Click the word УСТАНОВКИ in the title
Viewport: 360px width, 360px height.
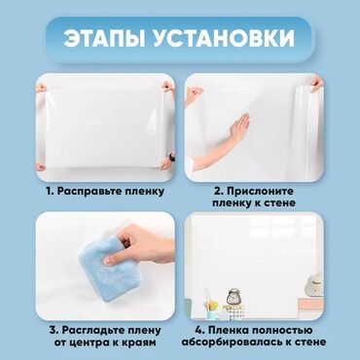(224, 39)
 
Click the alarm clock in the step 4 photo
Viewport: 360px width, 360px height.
(234, 297)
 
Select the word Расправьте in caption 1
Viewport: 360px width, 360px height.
(85, 192)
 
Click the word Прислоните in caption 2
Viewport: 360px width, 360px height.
(260, 192)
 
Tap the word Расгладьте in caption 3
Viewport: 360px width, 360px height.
(95, 331)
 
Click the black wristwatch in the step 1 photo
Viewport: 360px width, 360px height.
(171, 158)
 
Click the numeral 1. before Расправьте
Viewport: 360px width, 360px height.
(51, 192)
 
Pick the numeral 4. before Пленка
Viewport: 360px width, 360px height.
(199, 331)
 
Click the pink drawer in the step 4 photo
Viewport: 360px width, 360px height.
(310, 305)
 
